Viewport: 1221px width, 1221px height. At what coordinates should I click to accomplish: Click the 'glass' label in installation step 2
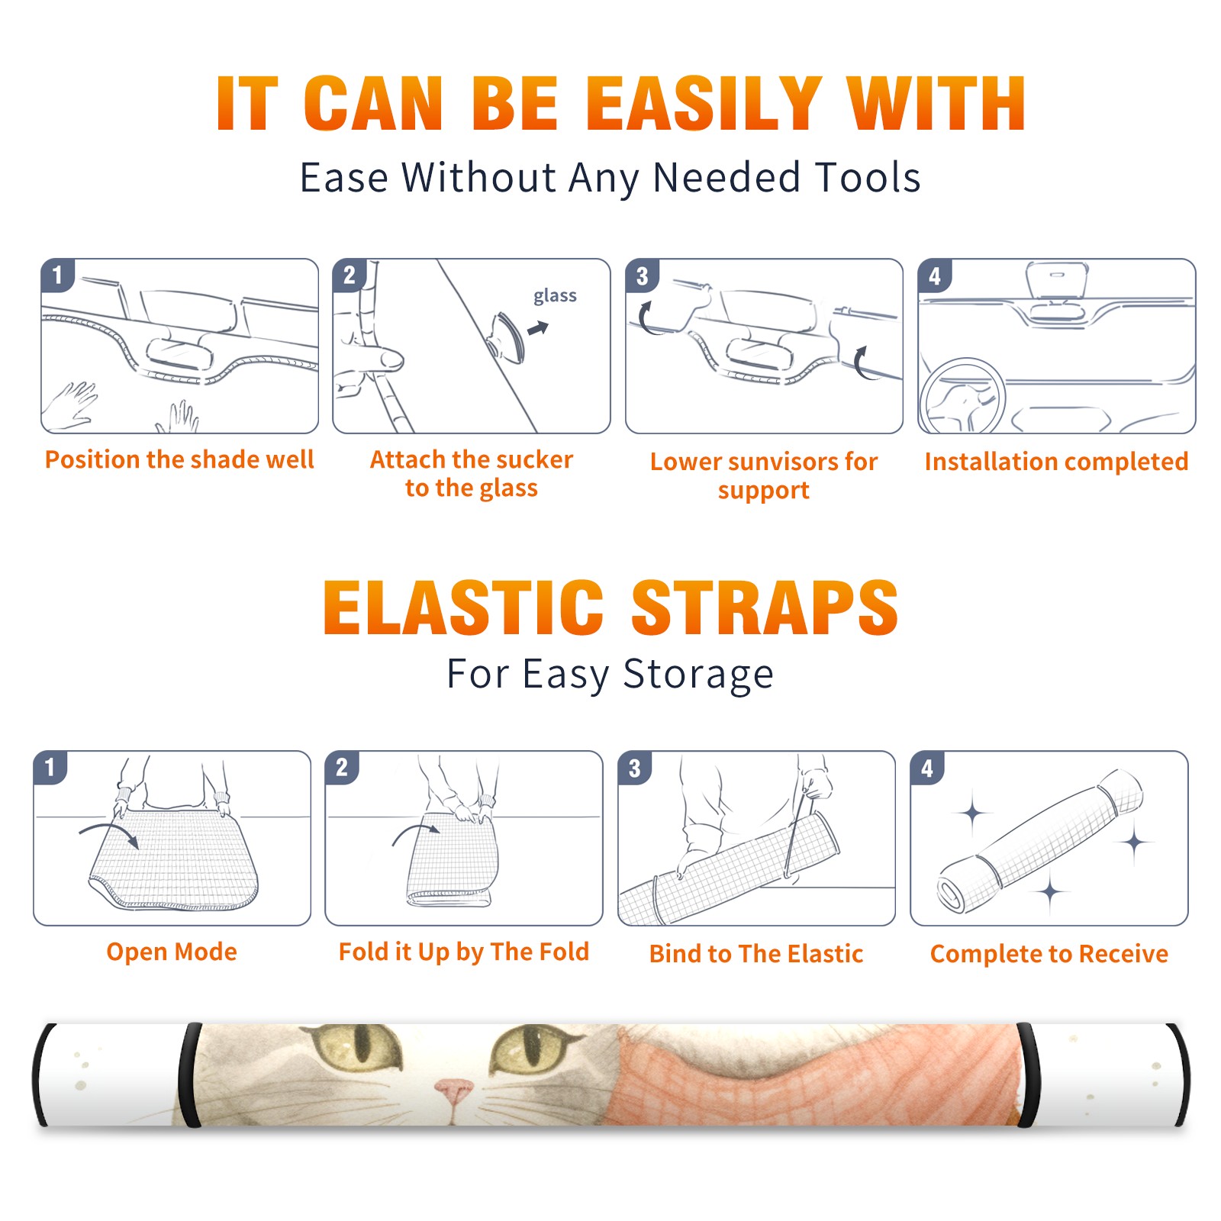point(555,296)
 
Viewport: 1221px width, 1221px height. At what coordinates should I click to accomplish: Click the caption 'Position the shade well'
point(179,459)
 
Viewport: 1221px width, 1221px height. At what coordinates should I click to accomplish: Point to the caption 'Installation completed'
point(1056,462)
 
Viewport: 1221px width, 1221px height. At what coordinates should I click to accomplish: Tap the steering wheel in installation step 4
point(962,397)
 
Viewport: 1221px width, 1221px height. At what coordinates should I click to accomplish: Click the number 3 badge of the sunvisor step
point(641,276)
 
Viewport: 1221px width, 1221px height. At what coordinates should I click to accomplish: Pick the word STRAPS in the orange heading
point(765,607)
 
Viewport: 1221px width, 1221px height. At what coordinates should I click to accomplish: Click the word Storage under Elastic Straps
point(698,674)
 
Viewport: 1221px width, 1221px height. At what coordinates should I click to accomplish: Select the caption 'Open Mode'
point(172,952)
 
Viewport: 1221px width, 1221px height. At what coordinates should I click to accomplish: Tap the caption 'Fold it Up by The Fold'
point(464,952)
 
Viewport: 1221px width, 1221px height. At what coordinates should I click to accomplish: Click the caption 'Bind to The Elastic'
point(756,954)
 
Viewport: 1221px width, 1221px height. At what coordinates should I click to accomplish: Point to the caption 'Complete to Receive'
point(1049,954)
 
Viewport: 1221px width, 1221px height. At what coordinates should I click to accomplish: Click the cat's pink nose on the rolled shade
point(455,1092)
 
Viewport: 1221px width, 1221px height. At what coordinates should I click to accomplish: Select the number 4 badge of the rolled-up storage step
point(927,768)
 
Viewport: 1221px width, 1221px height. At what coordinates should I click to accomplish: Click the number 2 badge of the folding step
point(342,768)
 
